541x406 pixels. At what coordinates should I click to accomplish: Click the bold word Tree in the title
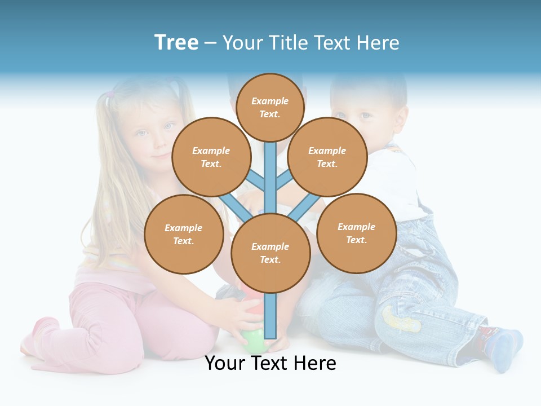[176, 42]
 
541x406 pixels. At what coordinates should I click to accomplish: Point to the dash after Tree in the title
[210, 43]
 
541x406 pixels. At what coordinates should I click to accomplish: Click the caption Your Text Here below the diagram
[270, 363]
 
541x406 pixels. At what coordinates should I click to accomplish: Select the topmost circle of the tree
[270, 107]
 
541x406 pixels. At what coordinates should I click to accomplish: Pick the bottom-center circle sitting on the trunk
[270, 253]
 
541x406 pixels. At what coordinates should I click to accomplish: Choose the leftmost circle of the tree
[184, 235]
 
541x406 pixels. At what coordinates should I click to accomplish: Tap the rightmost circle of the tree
[357, 233]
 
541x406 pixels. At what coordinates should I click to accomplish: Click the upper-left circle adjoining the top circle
[211, 157]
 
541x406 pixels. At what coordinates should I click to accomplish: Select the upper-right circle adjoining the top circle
[327, 157]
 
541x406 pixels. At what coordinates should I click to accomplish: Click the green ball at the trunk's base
[252, 341]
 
